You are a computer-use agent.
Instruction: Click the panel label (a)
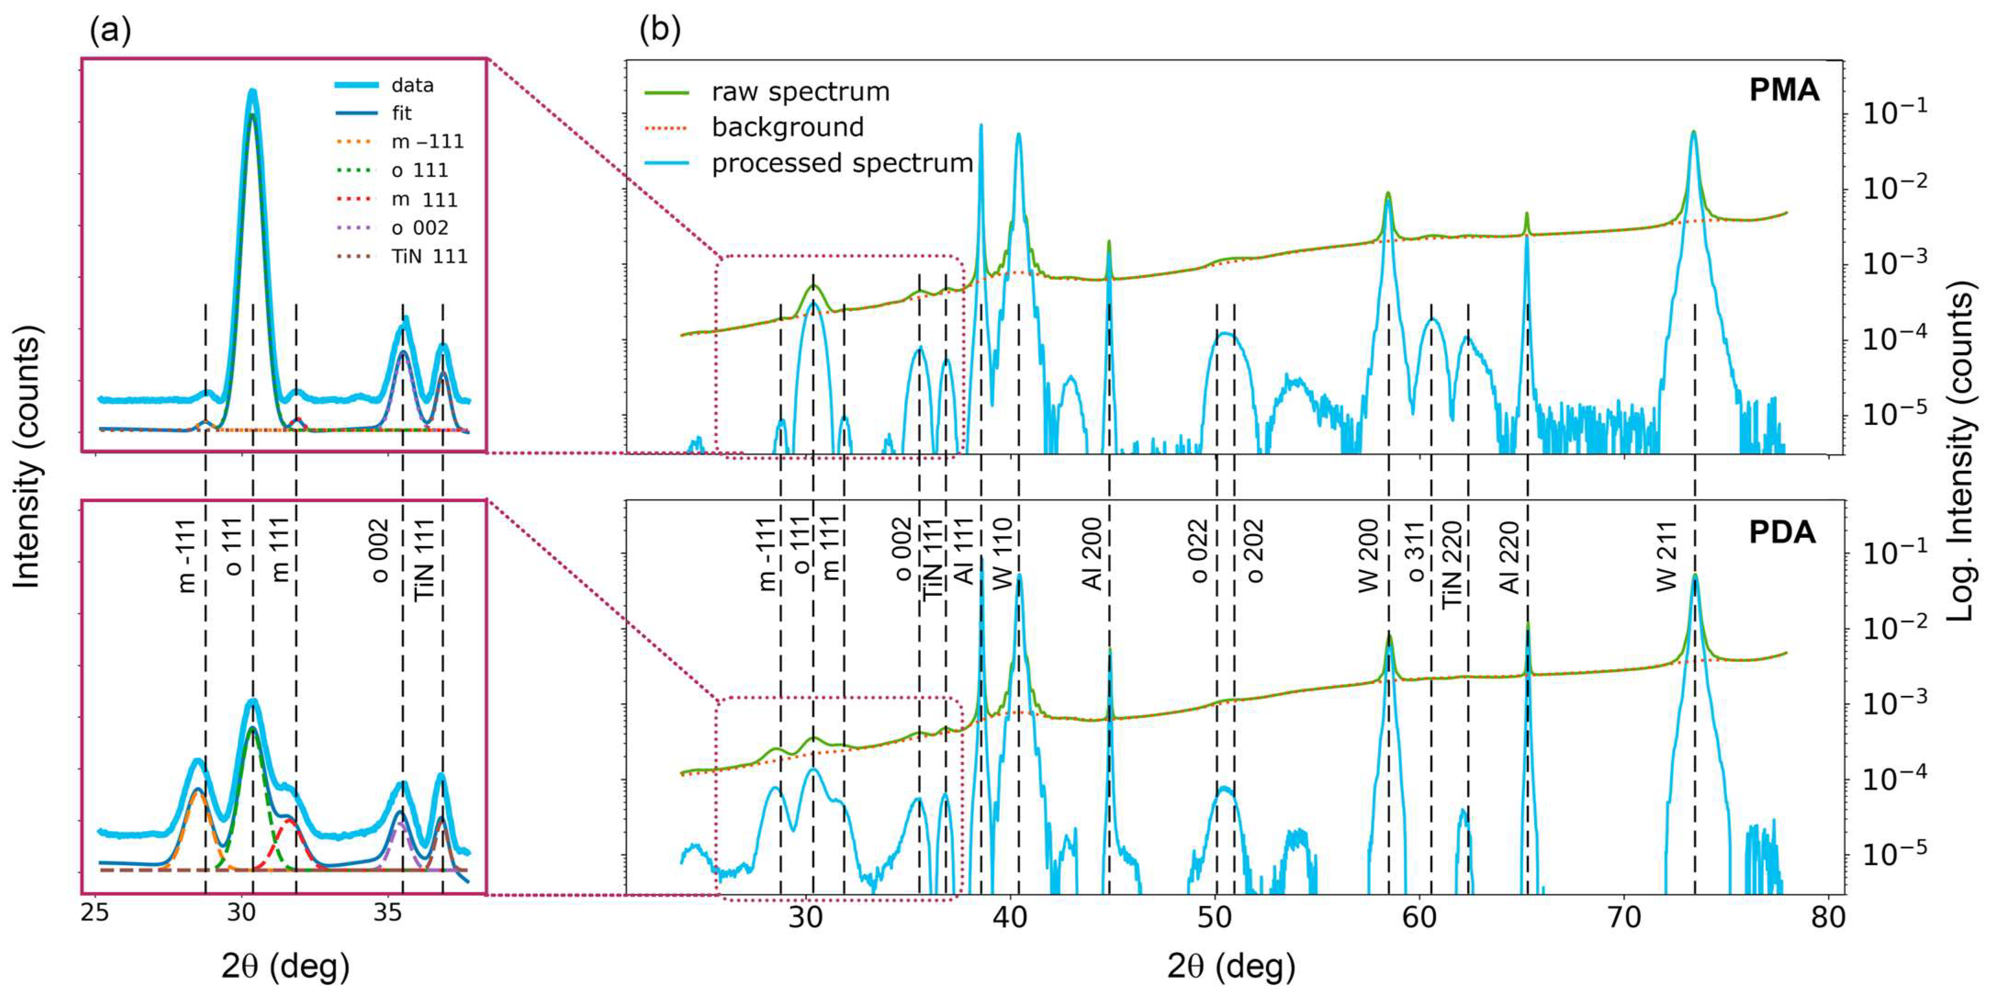110,31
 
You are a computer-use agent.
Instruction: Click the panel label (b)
660,31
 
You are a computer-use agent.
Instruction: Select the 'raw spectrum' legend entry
800,92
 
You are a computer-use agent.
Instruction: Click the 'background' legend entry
787,127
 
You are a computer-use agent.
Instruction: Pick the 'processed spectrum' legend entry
842,164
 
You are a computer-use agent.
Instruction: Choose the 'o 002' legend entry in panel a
419,228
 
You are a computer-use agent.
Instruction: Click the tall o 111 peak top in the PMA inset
252,93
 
